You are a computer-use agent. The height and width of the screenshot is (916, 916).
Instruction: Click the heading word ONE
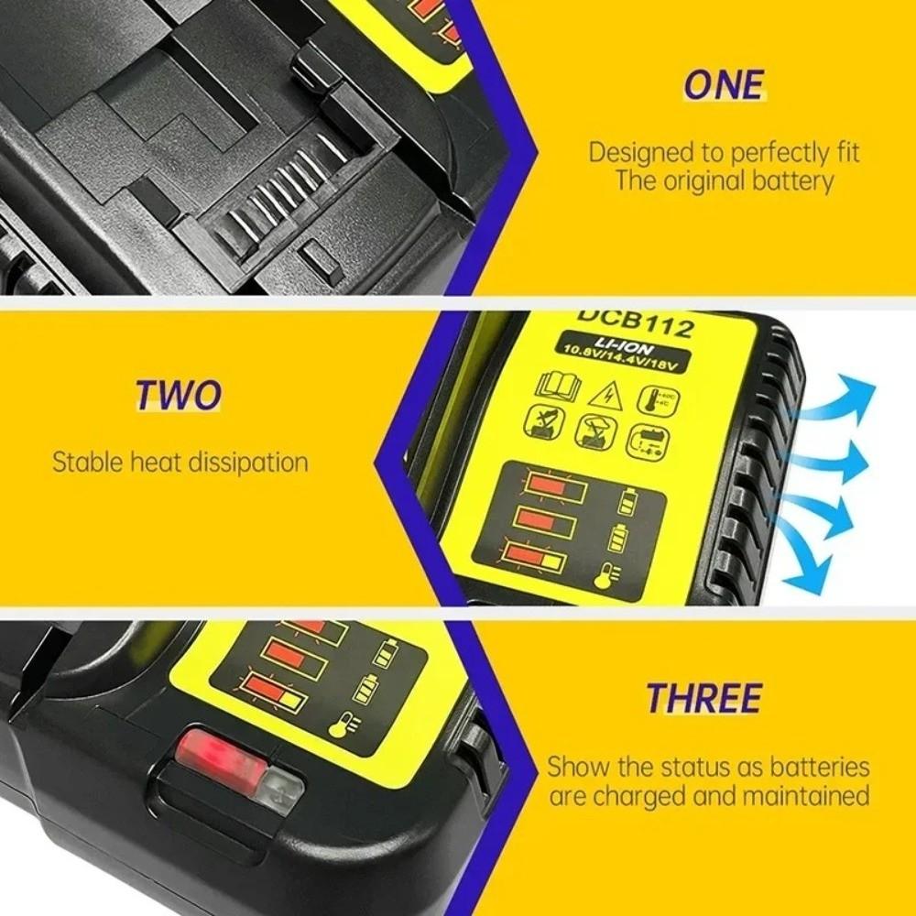click(723, 84)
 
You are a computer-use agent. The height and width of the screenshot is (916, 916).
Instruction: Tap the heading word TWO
click(179, 395)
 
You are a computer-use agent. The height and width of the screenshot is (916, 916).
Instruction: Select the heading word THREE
click(703, 698)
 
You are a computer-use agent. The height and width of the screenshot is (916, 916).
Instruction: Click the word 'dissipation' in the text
click(247, 461)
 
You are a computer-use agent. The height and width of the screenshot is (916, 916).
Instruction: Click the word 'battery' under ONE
click(789, 180)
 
